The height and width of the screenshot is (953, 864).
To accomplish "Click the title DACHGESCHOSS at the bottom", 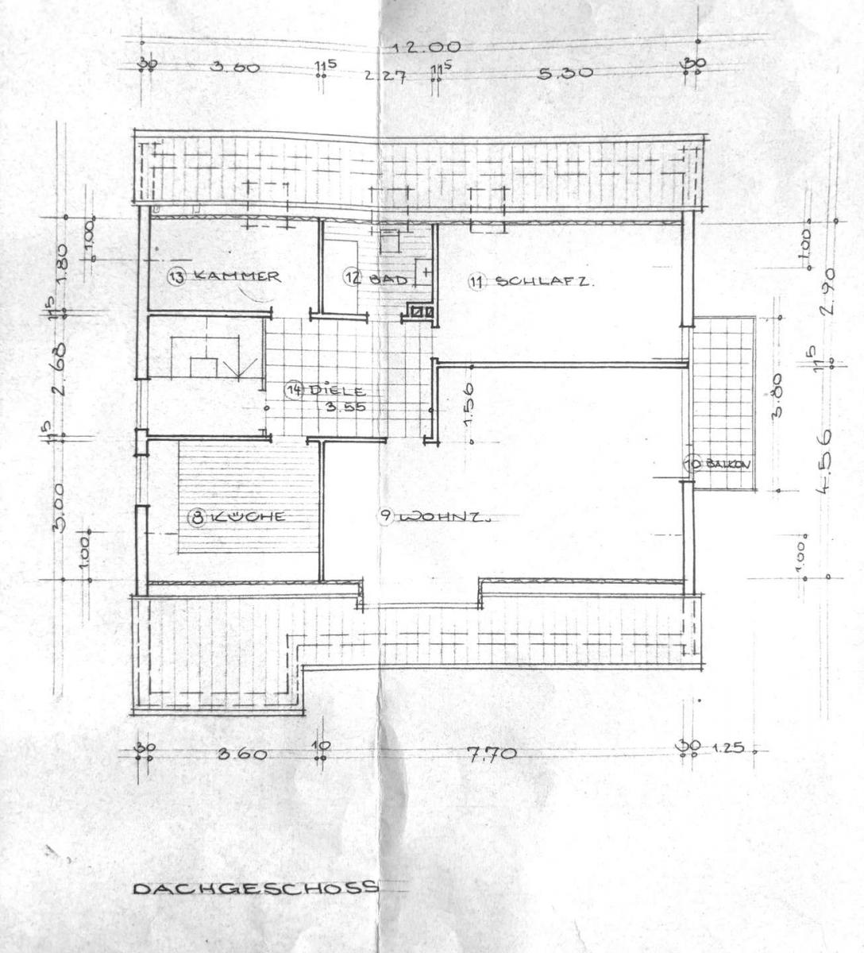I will pos(255,887).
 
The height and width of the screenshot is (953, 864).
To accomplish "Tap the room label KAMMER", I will pos(236,276).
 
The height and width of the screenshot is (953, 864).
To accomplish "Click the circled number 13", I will pos(176,276).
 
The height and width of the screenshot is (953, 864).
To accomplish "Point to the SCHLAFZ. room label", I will pos(544,280).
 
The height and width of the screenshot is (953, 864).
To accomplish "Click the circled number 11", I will pos(476,280).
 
